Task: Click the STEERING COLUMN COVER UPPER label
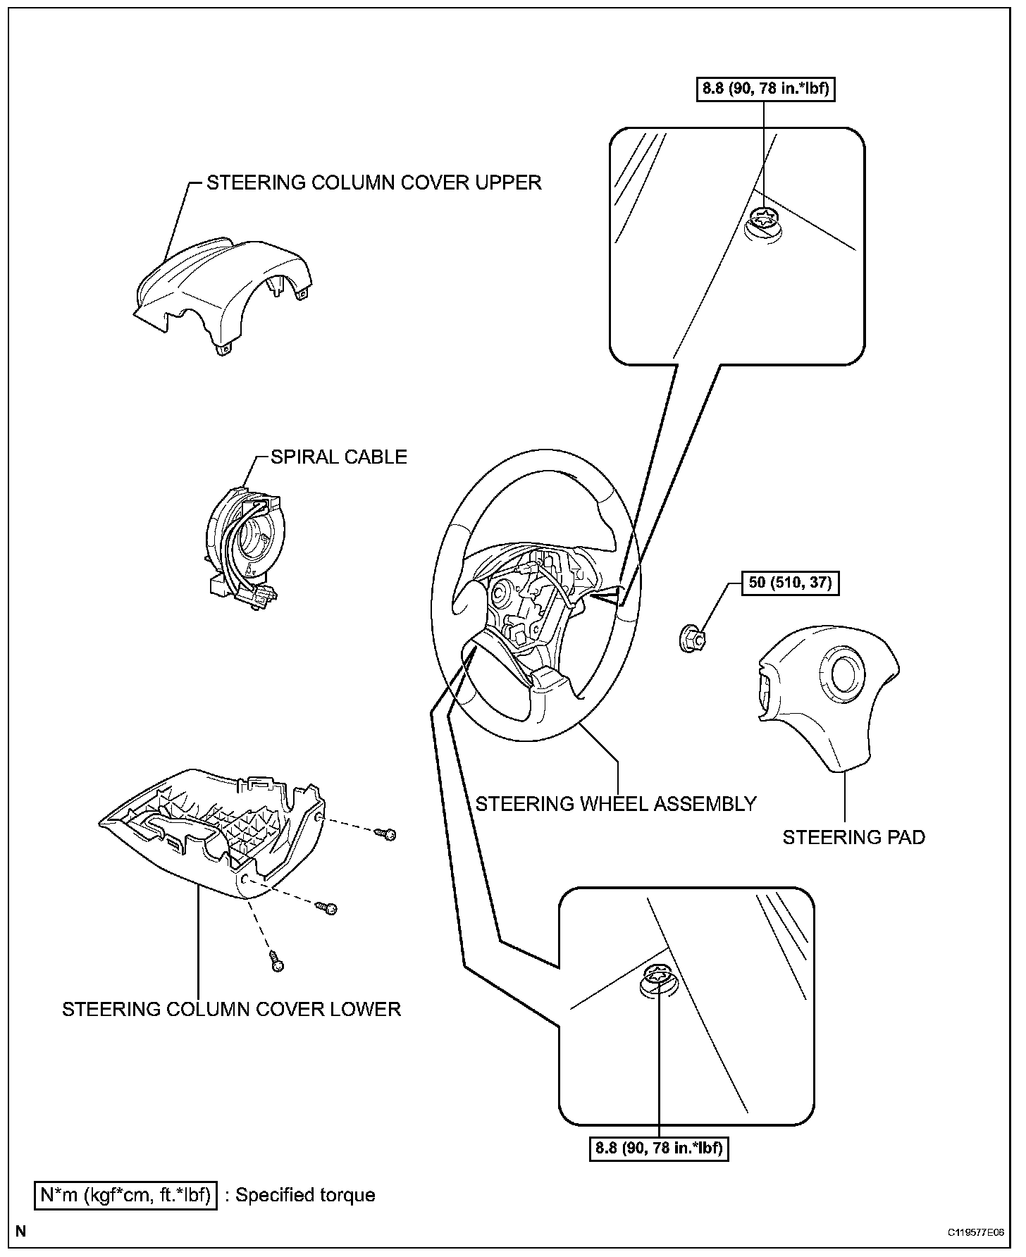373,182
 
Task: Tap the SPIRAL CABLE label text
339,457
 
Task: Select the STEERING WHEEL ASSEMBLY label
616,803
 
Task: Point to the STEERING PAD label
853,837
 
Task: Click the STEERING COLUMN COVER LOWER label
231,1009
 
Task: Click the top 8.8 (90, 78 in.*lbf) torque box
766,89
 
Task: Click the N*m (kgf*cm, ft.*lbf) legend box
125,1195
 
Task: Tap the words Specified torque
305,1195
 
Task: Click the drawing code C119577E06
976,1232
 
